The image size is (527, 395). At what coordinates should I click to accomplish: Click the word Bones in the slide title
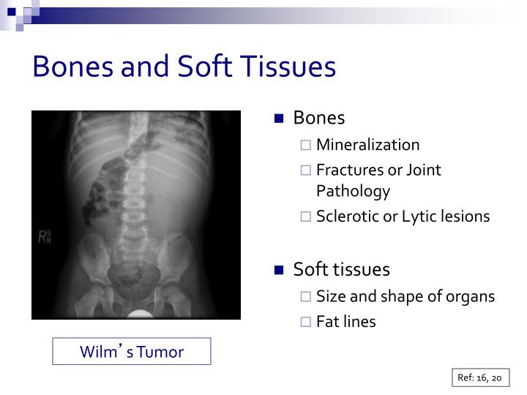tap(72, 67)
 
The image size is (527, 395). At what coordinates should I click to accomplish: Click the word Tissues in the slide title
tap(288, 67)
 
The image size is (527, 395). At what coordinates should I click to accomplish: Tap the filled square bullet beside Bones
tap(278, 118)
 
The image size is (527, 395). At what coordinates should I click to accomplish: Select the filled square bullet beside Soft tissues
tap(278, 270)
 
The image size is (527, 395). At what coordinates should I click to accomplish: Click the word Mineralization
tap(367, 145)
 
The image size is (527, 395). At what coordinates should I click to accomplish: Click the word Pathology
tap(353, 192)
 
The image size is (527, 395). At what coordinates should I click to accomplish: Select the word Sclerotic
tap(346, 217)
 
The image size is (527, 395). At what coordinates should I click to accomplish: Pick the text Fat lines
tap(345, 322)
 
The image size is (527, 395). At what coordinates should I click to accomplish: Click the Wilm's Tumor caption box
tap(132, 352)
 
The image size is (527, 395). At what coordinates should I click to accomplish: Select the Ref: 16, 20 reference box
tap(479, 378)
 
